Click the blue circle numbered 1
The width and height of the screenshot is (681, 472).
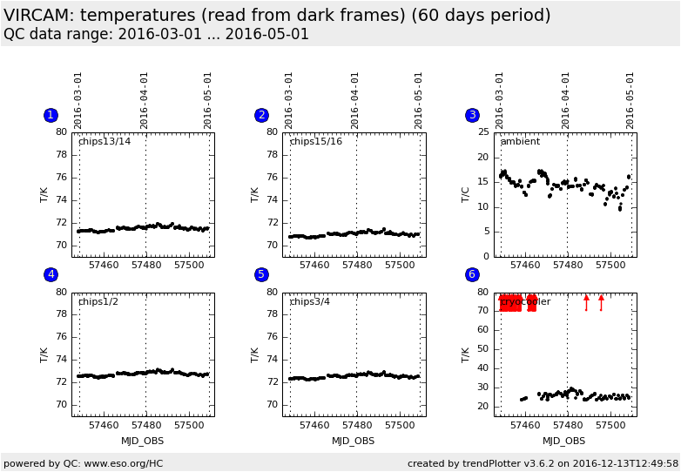click(x=51, y=115)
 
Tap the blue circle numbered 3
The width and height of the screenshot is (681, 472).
click(x=472, y=115)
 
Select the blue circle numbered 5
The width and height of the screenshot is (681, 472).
click(x=261, y=274)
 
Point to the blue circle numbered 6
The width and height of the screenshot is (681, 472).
click(x=472, y=274)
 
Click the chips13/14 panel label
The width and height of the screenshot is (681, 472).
click(x=105, y=141)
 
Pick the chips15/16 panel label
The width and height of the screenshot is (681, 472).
click(x=315, y=141)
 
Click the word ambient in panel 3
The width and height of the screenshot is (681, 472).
click(x=520, y=141)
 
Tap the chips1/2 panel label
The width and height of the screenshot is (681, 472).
click(x=98, y=301)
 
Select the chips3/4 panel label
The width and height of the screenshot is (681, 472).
click(x=309, y=301)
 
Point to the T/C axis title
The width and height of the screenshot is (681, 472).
click(x=466, y=194)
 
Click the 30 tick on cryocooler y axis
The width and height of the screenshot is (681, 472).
click(x=481, y=388)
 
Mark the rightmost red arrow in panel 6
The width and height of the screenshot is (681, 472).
click(x=601, y=301)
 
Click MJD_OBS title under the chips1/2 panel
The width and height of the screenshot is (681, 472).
click(x=143, y=442)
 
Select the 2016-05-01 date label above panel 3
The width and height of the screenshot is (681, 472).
click(x=630, y=99)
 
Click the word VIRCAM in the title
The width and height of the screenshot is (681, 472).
click(x=35, y=16)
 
